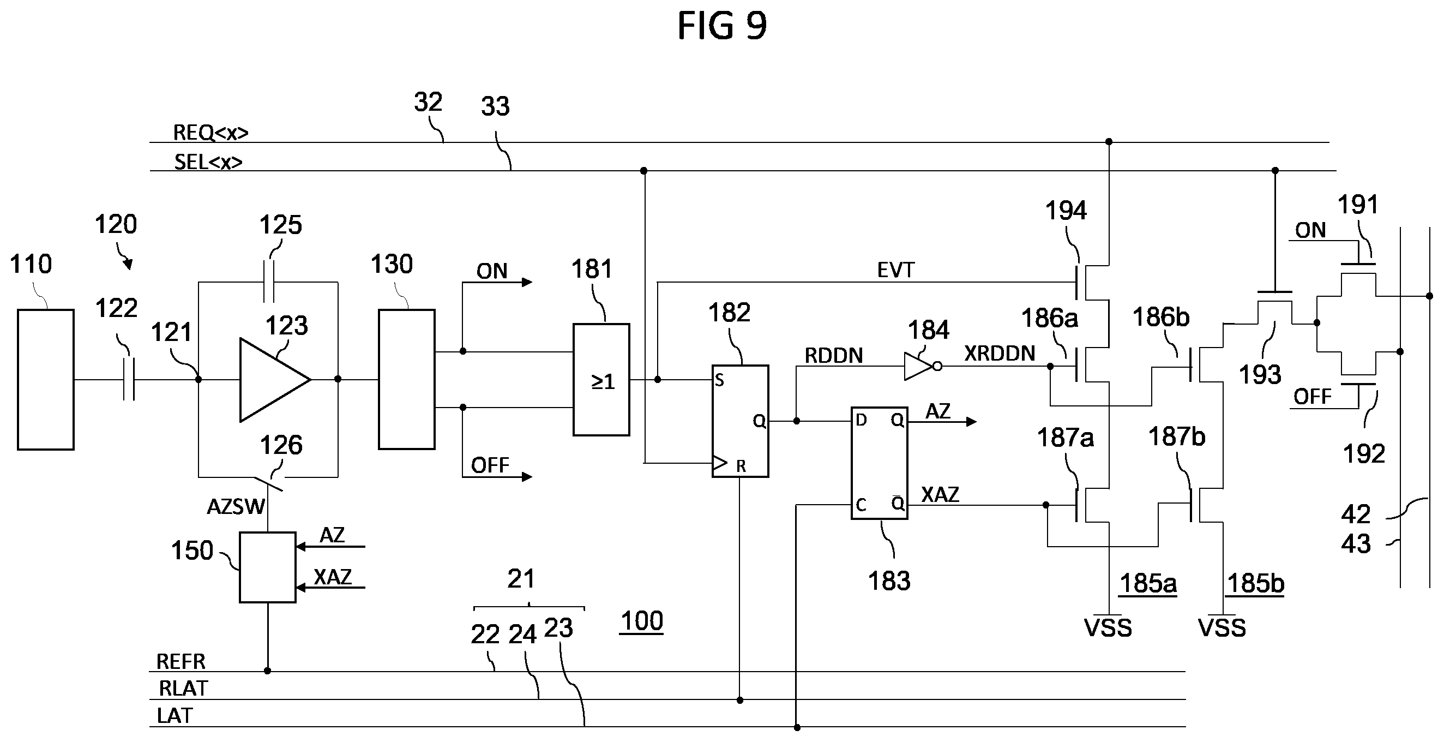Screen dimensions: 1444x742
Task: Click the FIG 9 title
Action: [x=722, y=26]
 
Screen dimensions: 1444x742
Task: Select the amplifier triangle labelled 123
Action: [x=275, y=380]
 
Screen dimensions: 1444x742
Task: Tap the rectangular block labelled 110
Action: [x=45, y=380]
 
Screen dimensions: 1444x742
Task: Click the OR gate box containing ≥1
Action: [x=601, y=380]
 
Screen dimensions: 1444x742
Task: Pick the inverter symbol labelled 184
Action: [x=922, y=367]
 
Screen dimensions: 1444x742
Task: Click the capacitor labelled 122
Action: [x=129, y=380]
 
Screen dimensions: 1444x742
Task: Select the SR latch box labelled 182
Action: [x=740, y=421]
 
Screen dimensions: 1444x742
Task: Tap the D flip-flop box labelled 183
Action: [x=880, y=463]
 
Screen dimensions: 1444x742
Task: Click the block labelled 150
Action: [x=267, y=567]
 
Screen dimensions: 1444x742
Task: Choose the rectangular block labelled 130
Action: [x=406, y=380]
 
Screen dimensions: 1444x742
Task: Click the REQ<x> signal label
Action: [x=210, y=133]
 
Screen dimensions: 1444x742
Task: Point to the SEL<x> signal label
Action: [x=208, y=162]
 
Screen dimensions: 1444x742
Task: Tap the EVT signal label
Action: [x=895, y=270]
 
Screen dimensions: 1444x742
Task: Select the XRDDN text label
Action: [x=1000, y=354]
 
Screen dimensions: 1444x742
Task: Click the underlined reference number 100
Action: [x=642, y=621]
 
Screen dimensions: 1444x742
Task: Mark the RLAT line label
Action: [x=183, y=688]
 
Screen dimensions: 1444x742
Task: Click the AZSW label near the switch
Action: [x=236, y=507]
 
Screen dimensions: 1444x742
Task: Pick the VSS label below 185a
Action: [x=1108, y=627]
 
